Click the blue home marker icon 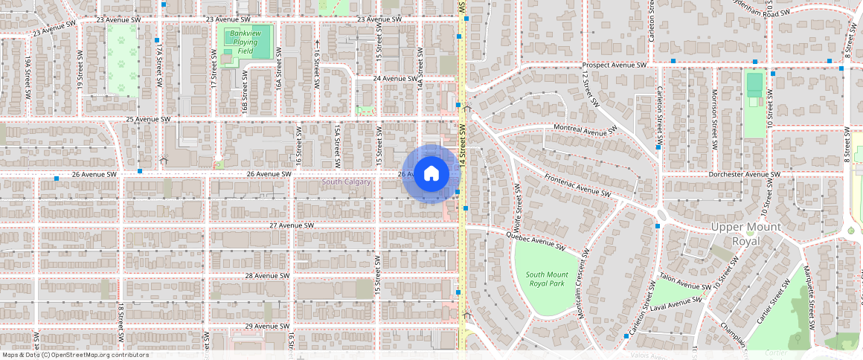(x=431, y=173)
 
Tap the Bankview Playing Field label (x=243, y=42)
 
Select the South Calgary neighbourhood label (x=346, y=182)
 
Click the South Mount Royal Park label (x=545, y=279)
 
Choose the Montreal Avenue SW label (x=586, y=129)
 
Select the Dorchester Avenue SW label (x=742, y=174)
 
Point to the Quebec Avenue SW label (x=536, y=242)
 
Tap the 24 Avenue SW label (x=394, y=78)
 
